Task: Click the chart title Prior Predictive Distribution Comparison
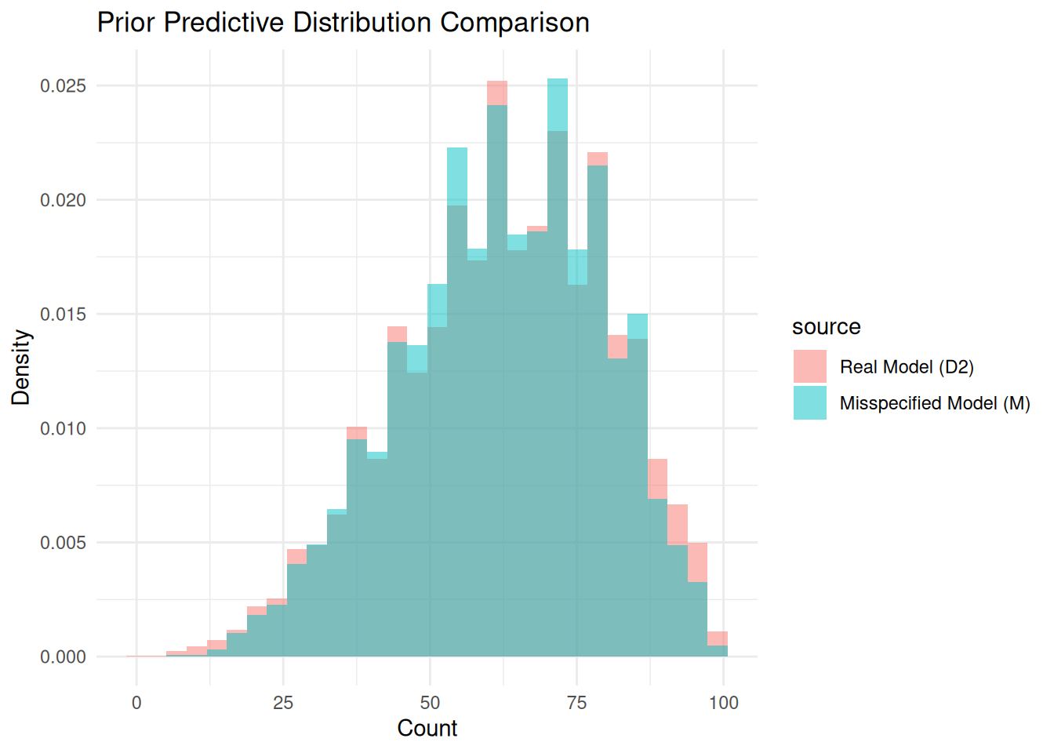coord(343,22)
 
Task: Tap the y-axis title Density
coord(21,367)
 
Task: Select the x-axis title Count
coord(427,728)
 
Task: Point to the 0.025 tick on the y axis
coord(63,85)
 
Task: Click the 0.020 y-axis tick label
coord(63,200)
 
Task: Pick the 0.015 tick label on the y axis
coord(63,314)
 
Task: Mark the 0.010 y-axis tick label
coord(63,428)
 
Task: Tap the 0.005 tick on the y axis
coord(63,543)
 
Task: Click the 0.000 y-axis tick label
coord(63,657)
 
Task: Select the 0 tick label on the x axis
coord(136,703)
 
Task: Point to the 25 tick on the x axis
coord(283,703)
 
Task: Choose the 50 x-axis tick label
coord(430,703)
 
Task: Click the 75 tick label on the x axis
coord(576,703)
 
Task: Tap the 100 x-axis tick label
coord(723,703)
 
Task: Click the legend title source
coord(826,327)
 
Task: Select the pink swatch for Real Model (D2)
coord(809,366)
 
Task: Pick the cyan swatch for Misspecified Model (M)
coord(809,402)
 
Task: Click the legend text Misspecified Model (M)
coord(934,402)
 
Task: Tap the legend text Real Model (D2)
coord(906,366)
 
